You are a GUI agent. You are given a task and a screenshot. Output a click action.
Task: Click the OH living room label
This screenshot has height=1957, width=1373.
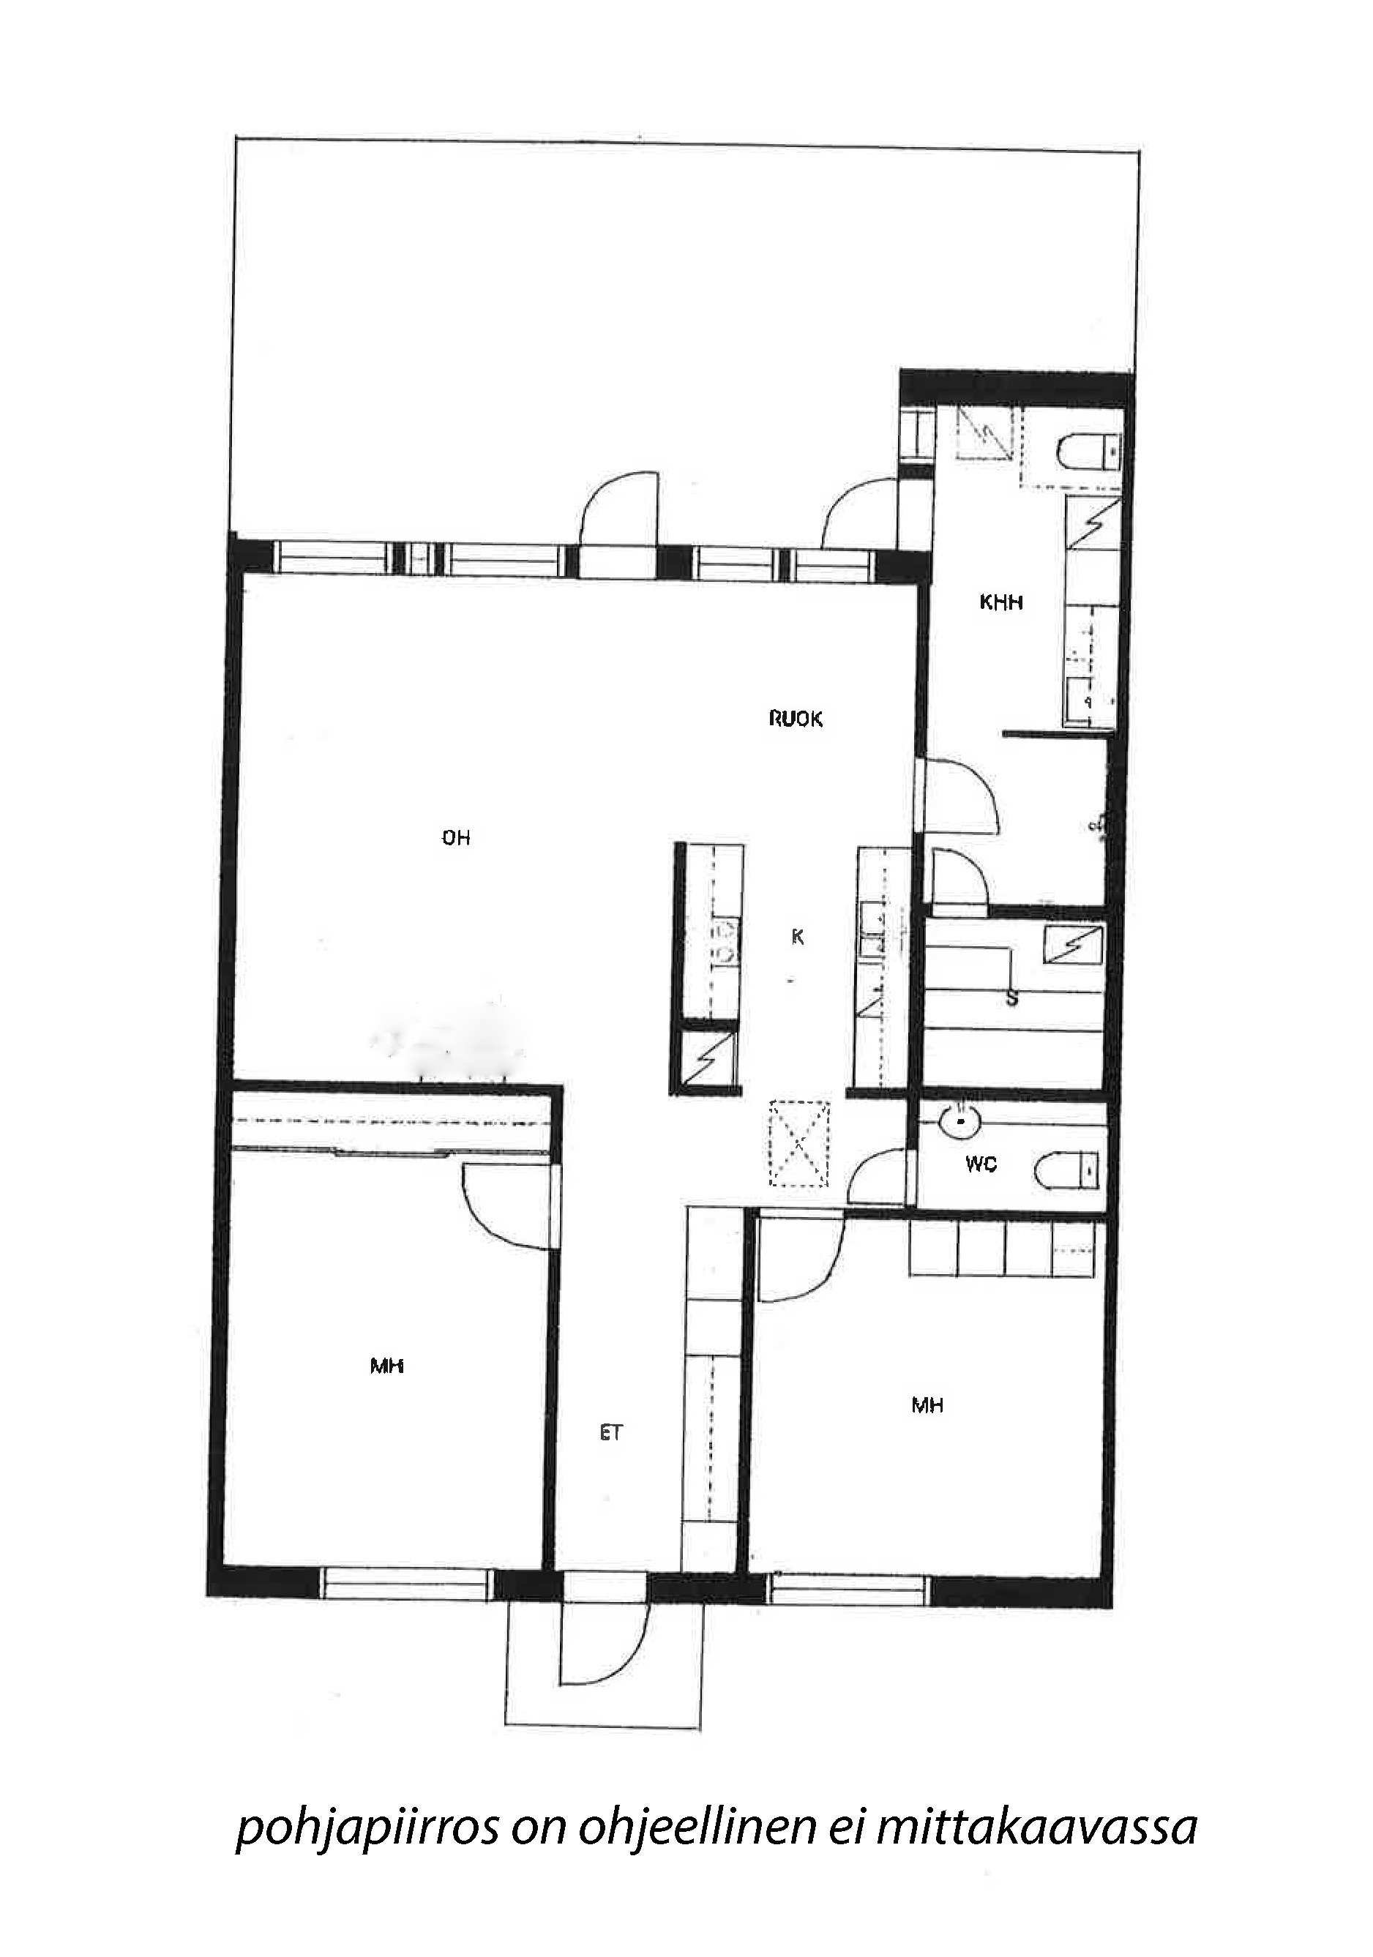[x=456, y=838]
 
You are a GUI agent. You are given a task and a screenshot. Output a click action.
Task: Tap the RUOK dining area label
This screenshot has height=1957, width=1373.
[x=795, y=719]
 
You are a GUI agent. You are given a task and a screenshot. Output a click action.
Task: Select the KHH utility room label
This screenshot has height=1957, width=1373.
[x=1000, y=602]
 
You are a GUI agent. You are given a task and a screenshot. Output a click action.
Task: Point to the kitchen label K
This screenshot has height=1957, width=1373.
[x=798, y=937]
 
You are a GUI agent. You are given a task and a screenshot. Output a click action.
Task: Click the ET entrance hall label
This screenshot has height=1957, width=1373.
[x=611, y=1433]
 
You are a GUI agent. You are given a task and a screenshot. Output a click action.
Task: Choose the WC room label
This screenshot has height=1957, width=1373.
[x=981, y=1164]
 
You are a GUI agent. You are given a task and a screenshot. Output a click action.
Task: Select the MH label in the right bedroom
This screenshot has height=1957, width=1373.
[x=927, y=1405]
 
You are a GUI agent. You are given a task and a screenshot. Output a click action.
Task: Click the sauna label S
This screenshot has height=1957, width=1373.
[x=1011, y=998]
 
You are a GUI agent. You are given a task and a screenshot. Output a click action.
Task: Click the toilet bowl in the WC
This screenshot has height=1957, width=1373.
[x=1066, y=1169]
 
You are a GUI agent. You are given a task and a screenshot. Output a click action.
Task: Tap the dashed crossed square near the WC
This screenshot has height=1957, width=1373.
[x=798, y=1143]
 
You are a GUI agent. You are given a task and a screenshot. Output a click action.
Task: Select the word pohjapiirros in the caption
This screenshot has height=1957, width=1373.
[x=367, y=1827]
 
